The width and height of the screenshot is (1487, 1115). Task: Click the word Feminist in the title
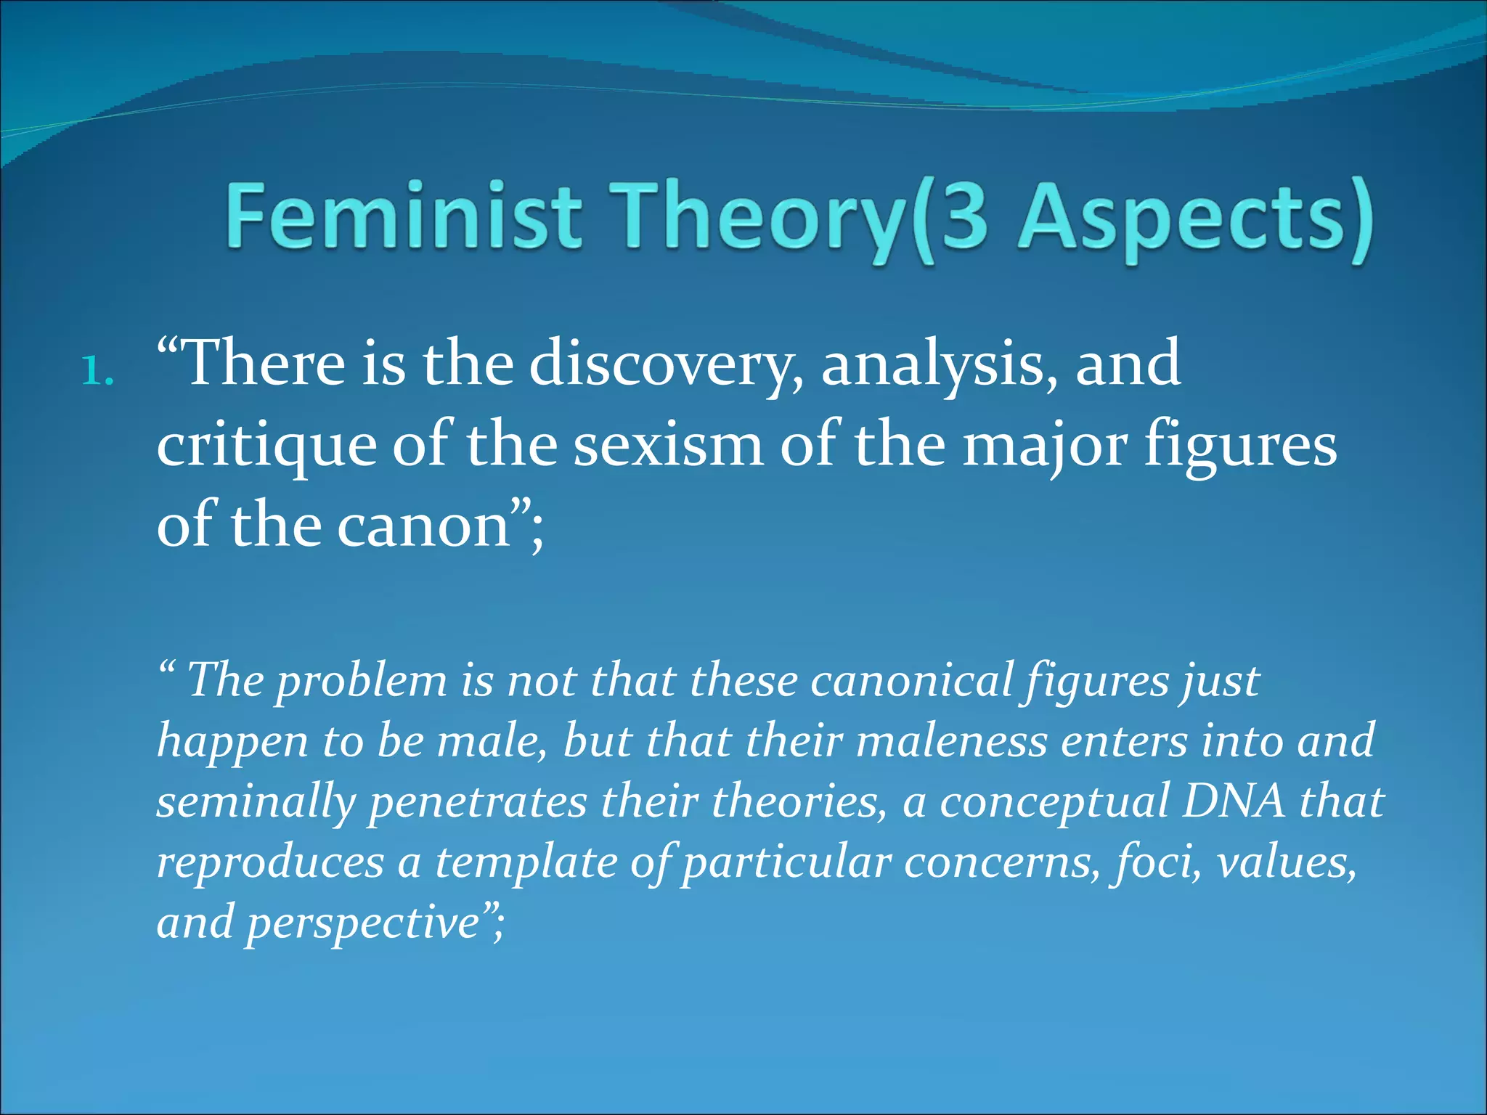(x=404, y=216)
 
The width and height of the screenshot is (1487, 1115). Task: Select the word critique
(x=266, y=444)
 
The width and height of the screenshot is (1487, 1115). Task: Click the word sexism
(x=669, y=444)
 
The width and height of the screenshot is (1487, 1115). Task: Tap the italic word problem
(x=361, y=682)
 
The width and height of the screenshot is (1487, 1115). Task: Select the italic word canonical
(x=911, y=682)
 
